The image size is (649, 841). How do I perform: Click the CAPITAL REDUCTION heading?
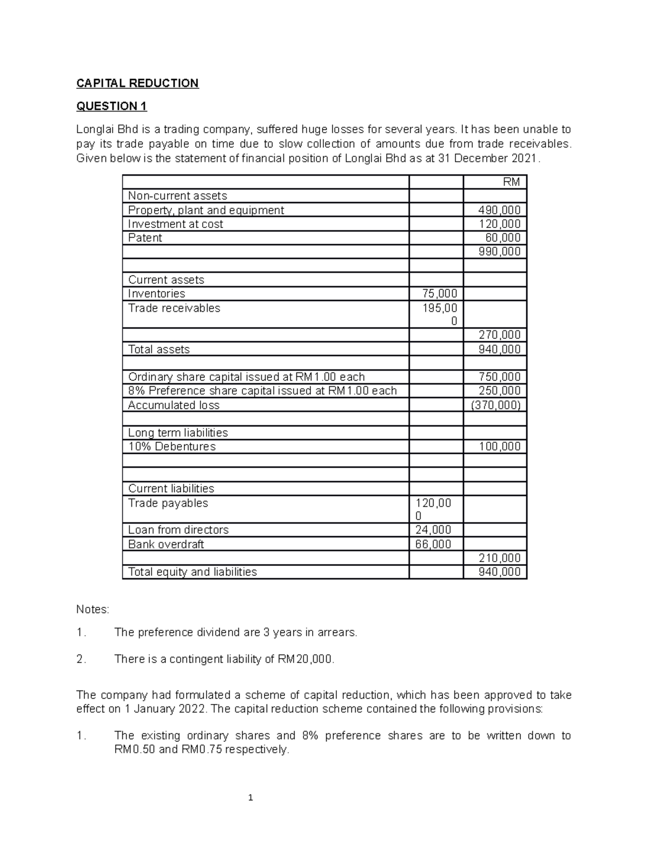coord(137,83)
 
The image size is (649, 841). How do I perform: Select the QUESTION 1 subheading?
coord(111,106)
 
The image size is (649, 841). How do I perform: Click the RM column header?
coord(511,182)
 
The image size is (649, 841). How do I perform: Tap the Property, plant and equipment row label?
coord(206,210)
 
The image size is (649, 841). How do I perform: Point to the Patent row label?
coord(145,238)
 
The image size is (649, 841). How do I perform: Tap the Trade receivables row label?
coord(174,308)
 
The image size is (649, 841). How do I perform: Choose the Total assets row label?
coord(158,349)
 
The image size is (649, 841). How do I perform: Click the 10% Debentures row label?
coord(171,446)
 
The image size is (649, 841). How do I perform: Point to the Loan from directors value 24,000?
coord(433,530)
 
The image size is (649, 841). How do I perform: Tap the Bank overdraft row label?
coord(166,544)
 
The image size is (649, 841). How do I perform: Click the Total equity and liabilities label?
coord(192,572)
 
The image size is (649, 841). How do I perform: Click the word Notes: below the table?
coord(92,610)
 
